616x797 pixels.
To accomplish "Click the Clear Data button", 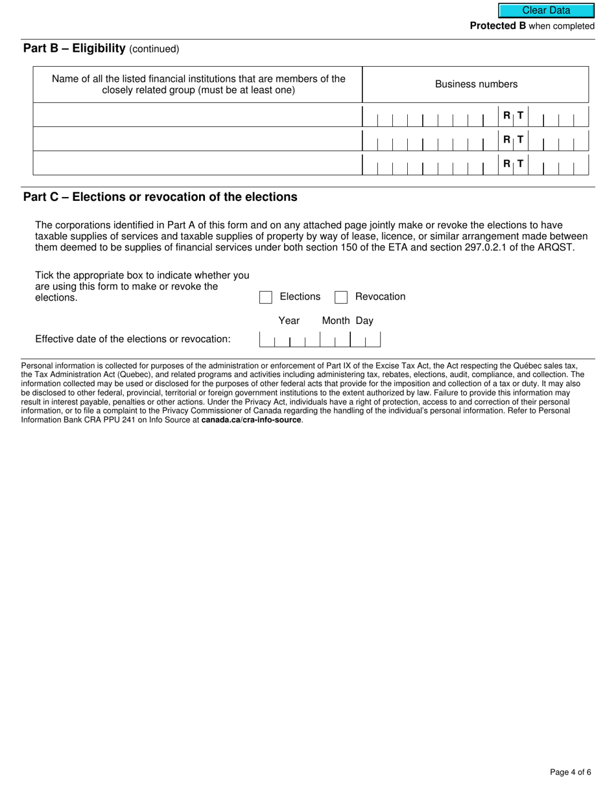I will pos(546,10).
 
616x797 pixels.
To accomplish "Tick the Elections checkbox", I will pos(266,297).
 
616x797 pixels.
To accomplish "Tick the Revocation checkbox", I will pos(341,297).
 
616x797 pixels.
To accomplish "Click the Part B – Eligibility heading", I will pos(74,49).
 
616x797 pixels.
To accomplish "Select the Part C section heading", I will pos(160,197).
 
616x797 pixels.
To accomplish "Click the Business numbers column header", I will pos(476,84).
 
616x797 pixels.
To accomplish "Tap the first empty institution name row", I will pos(197,115).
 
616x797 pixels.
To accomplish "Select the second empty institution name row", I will pos(197,139).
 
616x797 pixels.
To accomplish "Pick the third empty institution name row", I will pos(197,163).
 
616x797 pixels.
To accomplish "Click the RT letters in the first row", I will pos(513,116).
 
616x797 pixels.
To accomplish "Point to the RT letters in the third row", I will pos(513,164).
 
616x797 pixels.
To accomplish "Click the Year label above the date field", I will pos(289,321).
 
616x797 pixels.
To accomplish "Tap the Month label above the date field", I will pos(336,321).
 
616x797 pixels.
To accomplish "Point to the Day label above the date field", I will pos(364,321).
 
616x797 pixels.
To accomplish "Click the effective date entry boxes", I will pos(320,340).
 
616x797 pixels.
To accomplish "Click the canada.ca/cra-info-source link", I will pos(251,420).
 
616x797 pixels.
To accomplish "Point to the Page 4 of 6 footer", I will pos(570,772).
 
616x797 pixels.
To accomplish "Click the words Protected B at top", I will pos(498,26).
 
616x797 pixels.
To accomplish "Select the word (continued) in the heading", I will pos(154,49).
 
